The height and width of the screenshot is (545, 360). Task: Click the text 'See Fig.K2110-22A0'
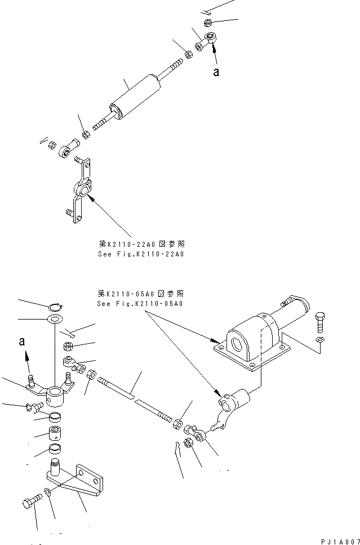[x=141, y=254]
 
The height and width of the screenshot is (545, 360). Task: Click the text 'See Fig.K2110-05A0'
[x=141, y=304]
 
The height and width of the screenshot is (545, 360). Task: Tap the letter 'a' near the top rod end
[x=216, y=72]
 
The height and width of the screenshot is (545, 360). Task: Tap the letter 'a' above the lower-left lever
[x=22, y=342]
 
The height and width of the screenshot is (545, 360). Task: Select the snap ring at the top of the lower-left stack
[x=55, y=307]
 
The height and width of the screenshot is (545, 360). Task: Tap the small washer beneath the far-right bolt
[x=320, y=339]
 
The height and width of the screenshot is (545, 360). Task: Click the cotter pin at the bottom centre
[x=178, y=448]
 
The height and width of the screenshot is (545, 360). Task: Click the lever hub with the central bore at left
[x=56, y=394]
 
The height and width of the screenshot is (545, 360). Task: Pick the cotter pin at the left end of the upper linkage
[x=43, y=141]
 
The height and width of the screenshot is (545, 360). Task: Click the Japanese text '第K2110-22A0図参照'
[x=141, y=244]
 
